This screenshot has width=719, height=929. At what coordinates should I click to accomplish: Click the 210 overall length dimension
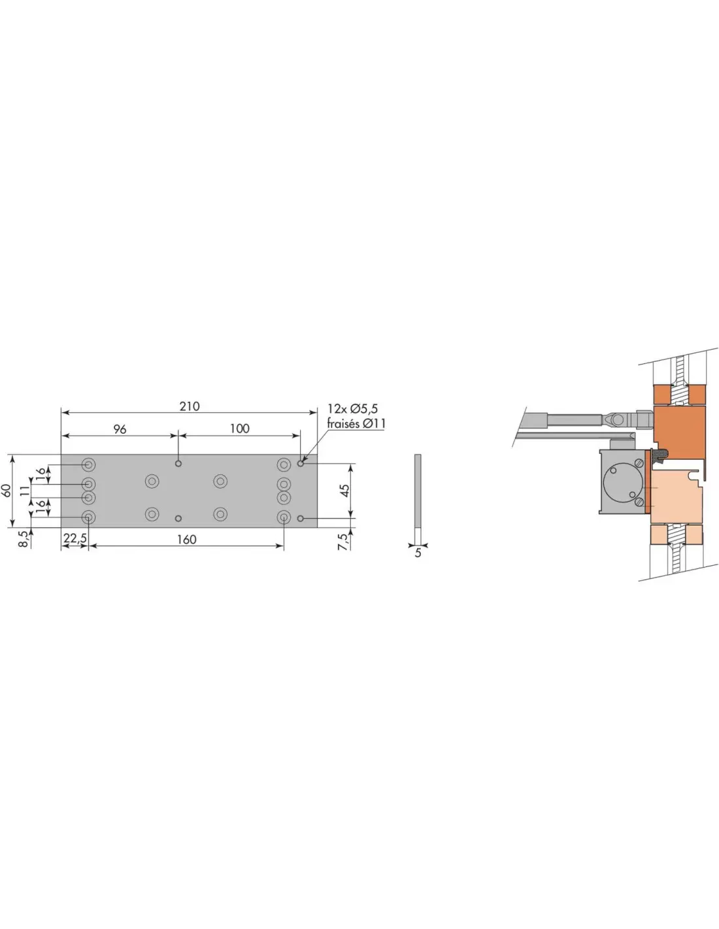point(189,406)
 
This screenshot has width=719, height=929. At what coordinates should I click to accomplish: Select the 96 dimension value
point(120,429)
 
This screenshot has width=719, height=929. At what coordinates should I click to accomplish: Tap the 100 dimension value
point(239,429)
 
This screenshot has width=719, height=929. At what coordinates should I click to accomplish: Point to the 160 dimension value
point(186,540)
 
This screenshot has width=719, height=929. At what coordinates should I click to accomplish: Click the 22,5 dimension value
point(75,539)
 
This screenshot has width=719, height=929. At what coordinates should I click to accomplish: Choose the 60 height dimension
point(6,491)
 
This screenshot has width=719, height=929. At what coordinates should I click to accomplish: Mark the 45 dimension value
point(344,491)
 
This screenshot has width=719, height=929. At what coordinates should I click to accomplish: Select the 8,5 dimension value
point(25,539)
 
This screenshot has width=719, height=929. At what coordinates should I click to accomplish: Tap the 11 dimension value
point(25,491)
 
